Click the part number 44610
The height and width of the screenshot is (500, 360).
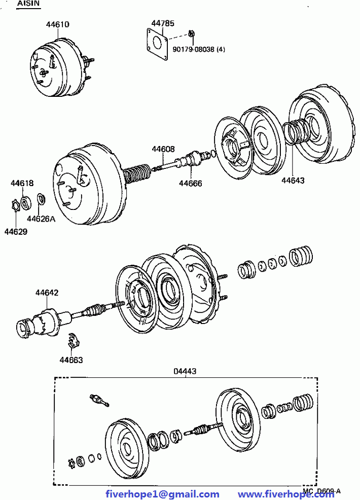pos(57,24)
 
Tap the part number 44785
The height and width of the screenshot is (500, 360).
pos(163,23)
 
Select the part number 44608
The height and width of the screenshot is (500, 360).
pos(163,149)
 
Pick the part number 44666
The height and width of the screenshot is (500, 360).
pos(190,183)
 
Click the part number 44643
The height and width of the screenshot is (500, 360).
pos(293,180)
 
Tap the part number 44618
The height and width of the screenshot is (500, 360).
pos(22,183)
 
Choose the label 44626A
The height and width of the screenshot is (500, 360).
pos(41,219)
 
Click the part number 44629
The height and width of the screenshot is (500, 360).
pos(16,231)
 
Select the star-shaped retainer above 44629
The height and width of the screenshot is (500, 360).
pos(16,206)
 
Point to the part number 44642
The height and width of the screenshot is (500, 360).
pos(47,293)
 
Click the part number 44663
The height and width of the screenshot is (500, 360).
pos(71,360)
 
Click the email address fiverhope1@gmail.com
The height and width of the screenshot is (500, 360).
pos(162,494)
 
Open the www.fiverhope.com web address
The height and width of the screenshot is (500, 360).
pos(286,494)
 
